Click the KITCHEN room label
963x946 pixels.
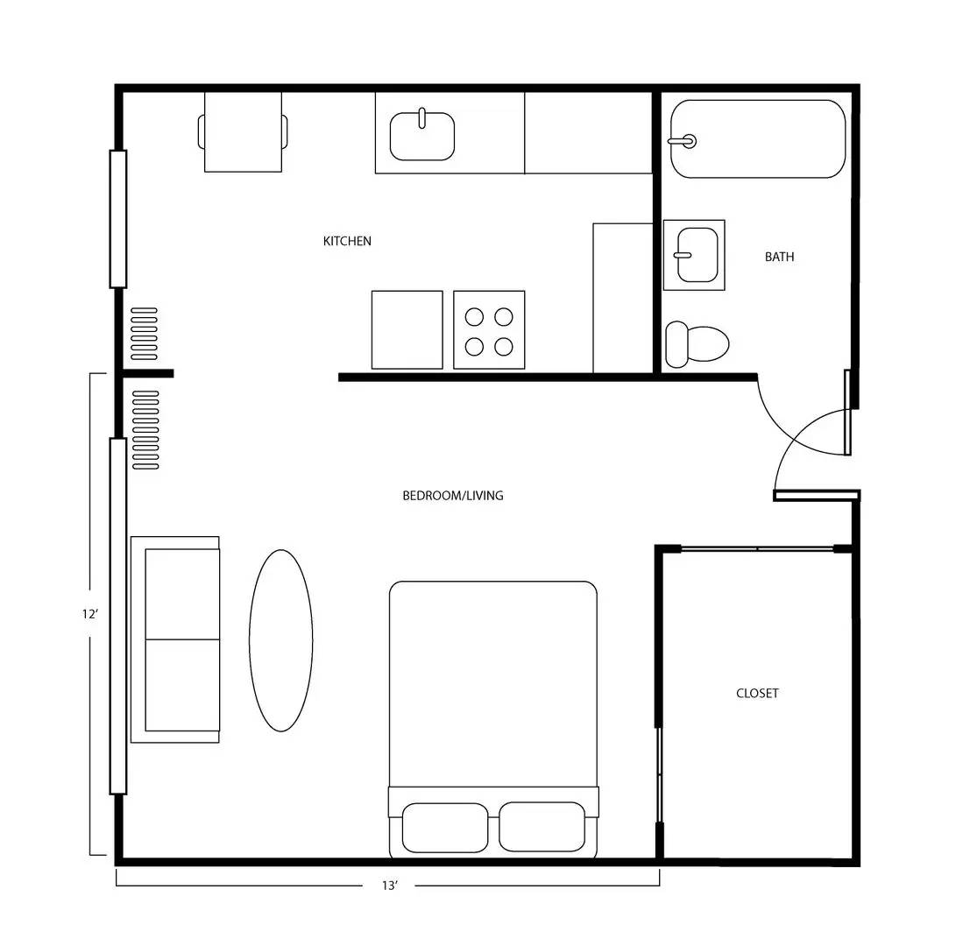[x=347, y=241]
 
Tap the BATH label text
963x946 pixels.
[x=779, y=257]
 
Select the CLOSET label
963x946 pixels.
[x=757, y=693]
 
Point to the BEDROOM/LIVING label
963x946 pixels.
[x=452, y=496]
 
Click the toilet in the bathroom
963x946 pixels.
[x=697, y=344]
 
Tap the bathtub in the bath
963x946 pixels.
[x=758, y=139]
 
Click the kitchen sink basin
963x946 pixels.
[x=422, y=137]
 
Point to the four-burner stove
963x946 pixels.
[x=489, y=330]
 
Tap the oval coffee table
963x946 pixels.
[x=281, y=640]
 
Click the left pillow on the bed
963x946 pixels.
[x=444, y=827]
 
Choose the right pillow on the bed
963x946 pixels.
[x=542, y=827]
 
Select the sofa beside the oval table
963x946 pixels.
[x=175, y=639]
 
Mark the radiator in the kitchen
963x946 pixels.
[x=144, y=334]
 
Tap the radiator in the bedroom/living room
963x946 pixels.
[x=145, y=429]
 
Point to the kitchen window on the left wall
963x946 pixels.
[x=118, y=219]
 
